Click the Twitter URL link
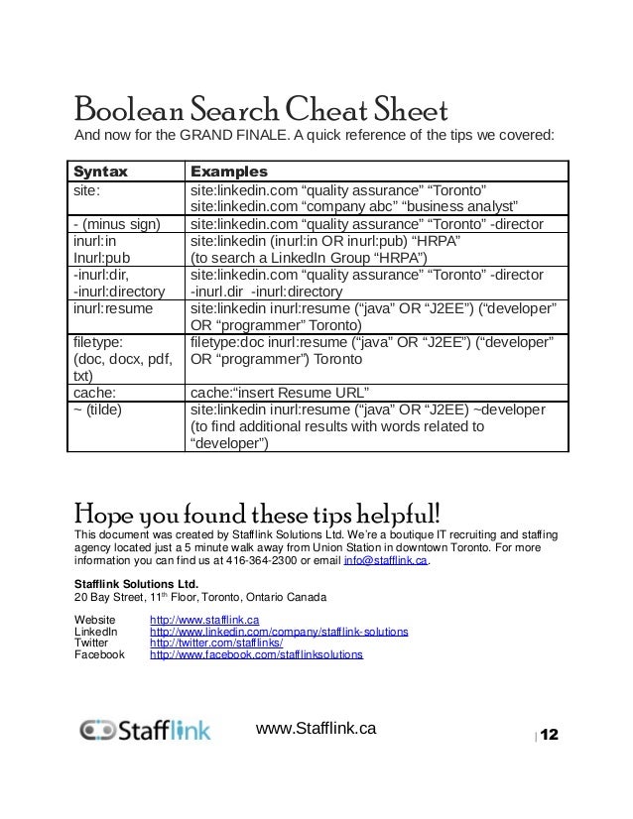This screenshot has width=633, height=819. [x=208, y=643]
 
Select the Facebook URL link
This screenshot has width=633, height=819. [x=256, y=655]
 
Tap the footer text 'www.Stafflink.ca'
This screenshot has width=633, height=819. [x=316, y=728]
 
